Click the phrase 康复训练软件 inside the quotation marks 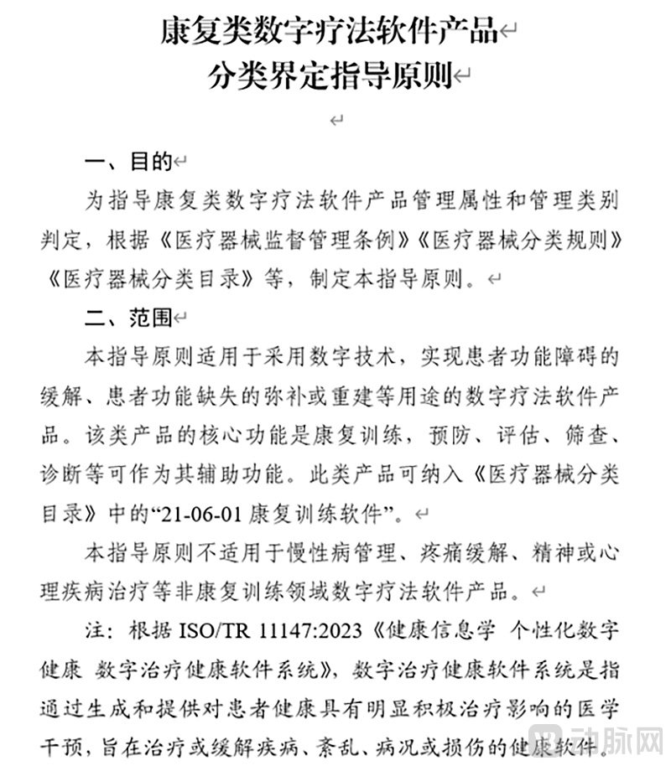coord(335,511)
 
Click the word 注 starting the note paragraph coord(96,631)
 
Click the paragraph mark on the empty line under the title coord(336,120)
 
